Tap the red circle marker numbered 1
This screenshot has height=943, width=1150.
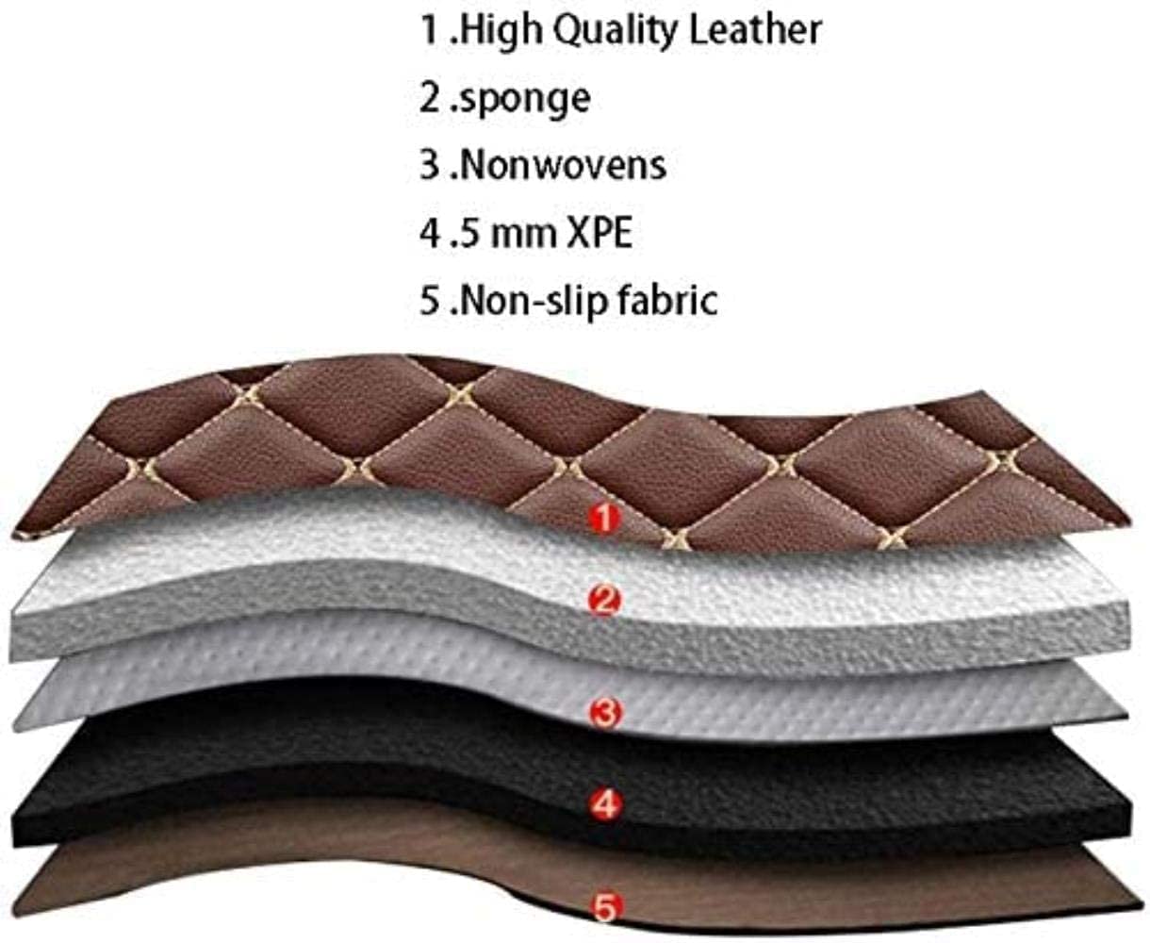[605, 517]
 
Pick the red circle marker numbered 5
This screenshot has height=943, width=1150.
[605, 908]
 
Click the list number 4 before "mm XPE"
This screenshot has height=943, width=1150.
[430, 232]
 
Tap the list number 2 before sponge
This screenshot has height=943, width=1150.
[430, 98]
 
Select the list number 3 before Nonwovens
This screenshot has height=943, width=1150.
[430, 165]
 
